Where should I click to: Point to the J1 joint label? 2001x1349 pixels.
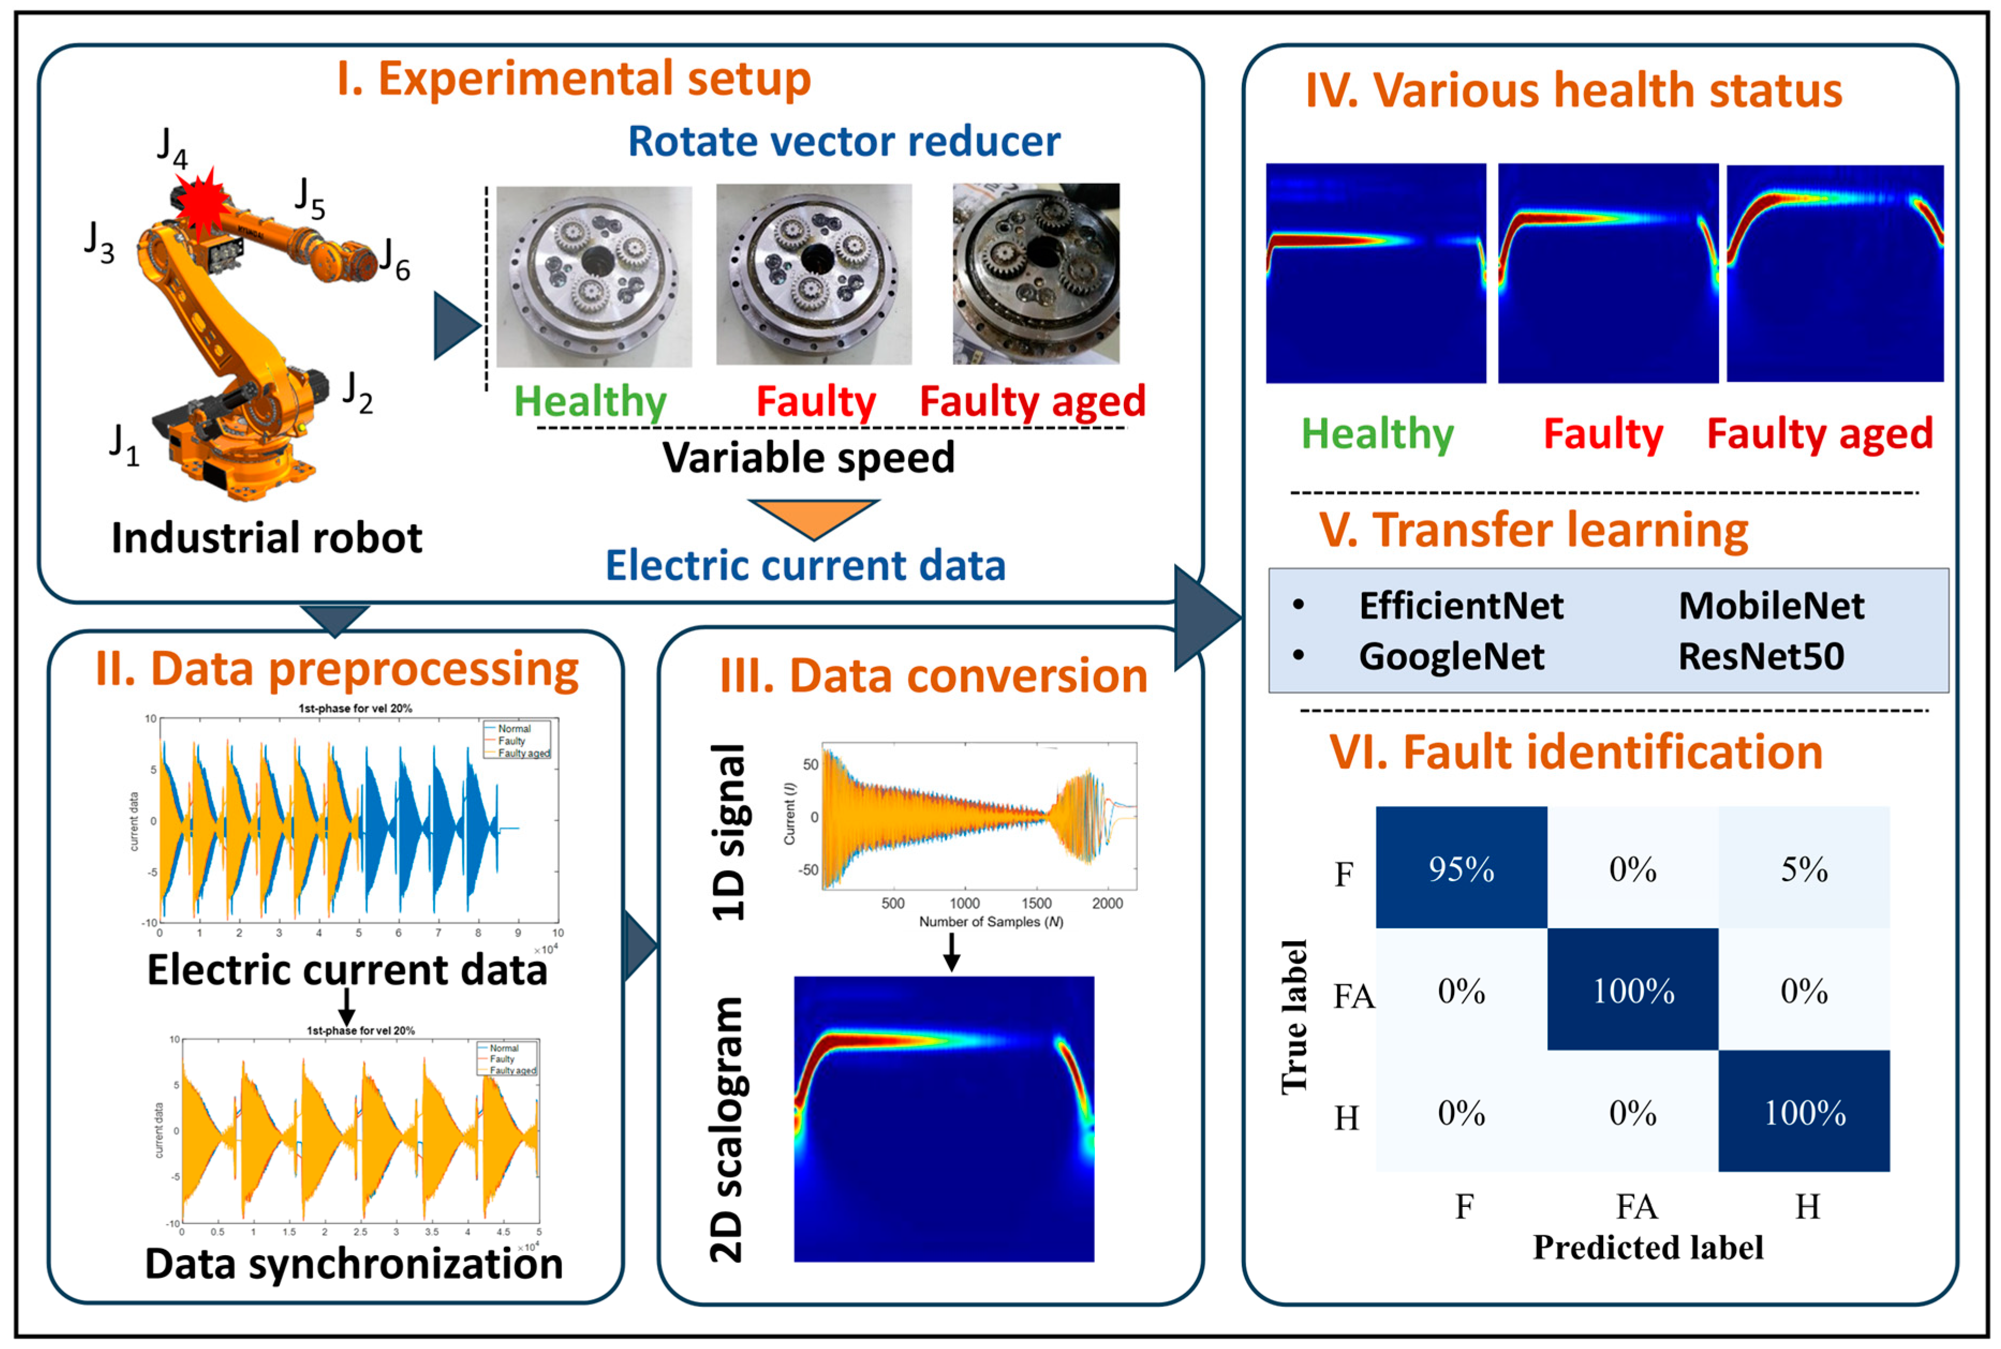(x=124, y=445)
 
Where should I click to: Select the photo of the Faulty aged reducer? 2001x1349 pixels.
(x=1035, y=273)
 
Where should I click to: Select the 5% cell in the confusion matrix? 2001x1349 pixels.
(x=1804, y=869)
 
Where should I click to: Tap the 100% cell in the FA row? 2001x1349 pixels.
(x=1633, y=990)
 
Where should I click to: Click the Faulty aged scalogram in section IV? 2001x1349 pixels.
(x=1835, y=273)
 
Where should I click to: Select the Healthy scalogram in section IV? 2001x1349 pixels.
(x=1375, y=273)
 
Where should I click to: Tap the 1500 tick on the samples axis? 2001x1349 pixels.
(x=1036, y=903)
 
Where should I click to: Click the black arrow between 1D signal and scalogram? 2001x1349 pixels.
(x=951, y=951)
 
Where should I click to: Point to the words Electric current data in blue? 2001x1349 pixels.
(x=805, y=565)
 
